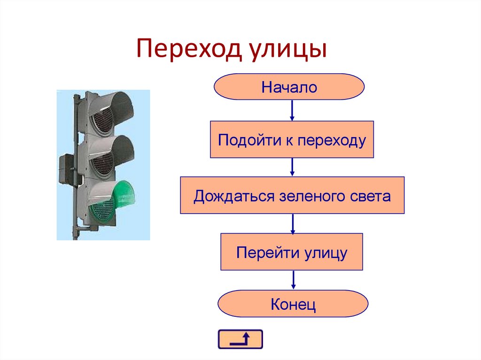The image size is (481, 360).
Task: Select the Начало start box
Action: click(289, 87)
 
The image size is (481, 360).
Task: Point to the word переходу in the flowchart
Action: click(331, 140)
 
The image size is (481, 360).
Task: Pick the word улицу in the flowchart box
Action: click(325, 253)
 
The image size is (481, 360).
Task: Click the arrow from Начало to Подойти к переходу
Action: click(292, 110)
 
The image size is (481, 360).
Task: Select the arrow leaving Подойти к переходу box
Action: click(292, 167)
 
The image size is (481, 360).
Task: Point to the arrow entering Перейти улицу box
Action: click(292, 223)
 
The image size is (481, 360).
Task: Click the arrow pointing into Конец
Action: click(293, 280)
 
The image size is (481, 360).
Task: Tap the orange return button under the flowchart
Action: click(240, 339)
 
